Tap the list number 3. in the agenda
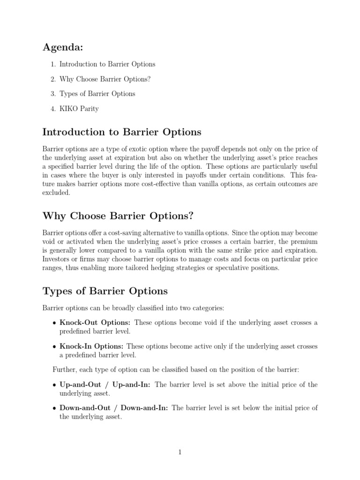(53, 94)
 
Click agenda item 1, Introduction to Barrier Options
(107, 64)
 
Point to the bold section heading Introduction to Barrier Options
(121, 132)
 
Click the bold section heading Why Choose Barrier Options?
(117, 216)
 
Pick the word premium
(305, 241)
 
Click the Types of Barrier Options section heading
(105, 291)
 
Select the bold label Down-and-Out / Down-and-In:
(114, 408)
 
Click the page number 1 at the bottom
(180, 452)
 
